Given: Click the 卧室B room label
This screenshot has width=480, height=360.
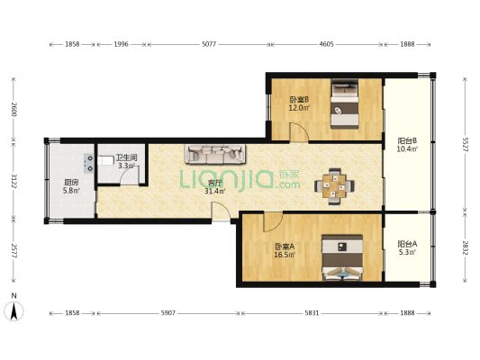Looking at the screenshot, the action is tap(299, 99).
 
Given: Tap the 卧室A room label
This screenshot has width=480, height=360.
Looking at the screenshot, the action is tap(285, 247).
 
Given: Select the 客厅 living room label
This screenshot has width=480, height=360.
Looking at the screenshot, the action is tap(214, 184).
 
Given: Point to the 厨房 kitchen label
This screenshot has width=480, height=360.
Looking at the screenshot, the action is tap(71, 183).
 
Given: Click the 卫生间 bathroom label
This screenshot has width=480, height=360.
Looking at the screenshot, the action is tap(126, 158).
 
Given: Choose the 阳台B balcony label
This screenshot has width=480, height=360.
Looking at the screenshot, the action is tap(407, 141).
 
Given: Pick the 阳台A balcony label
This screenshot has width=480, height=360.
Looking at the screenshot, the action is tap(407, 244).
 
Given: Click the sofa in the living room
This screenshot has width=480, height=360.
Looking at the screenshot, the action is tap(215, 154).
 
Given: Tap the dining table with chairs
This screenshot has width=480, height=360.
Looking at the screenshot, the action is tap(334, 186).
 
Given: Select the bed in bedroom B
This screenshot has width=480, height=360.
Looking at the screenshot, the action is tap(345, 103).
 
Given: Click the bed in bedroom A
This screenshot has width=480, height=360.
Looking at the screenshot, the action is tap(342, 257).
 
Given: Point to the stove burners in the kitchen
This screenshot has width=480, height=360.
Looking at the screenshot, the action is tap(89, 163).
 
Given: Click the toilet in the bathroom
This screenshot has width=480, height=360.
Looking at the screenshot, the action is tap(105, 160).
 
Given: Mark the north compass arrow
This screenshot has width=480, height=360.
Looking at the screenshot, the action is tap(14, 311).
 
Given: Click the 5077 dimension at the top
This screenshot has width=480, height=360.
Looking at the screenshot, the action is tap(209, 44).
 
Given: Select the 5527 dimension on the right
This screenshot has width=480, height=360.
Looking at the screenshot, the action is tap(465, 144).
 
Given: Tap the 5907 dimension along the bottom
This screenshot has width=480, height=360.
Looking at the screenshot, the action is tap(168, 313).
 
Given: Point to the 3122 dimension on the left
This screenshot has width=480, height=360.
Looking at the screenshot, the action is tap(14, 181).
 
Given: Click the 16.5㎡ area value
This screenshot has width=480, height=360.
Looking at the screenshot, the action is tap(285, 255).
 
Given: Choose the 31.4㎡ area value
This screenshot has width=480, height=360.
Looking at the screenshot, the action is tap(215, 192).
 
